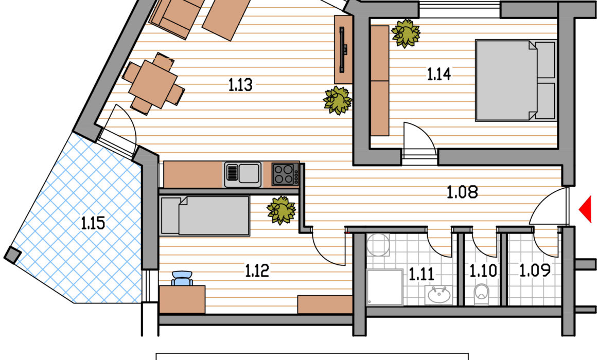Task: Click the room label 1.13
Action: point(240,85)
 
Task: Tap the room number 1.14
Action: point(438,74)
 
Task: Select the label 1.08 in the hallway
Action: point(462,192)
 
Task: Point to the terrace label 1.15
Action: point(93,223)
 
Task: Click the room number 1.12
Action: point(257,271)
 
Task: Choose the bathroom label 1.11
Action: point(421,274)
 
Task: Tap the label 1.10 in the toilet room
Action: point(483,271)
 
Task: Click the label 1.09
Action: point(535,270)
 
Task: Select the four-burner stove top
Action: point(285,174)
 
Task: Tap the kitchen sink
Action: point(243,175)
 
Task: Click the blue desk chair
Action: point(182,278)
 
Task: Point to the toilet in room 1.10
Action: point(482,294)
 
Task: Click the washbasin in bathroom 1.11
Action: point(438,295)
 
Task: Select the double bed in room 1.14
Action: point(516,80)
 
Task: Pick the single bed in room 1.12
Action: point(205,216)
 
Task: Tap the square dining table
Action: point(153,83)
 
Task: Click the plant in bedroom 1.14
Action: point(406,33)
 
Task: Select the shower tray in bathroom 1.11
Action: point(384,287)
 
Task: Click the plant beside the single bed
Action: point(282,210)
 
